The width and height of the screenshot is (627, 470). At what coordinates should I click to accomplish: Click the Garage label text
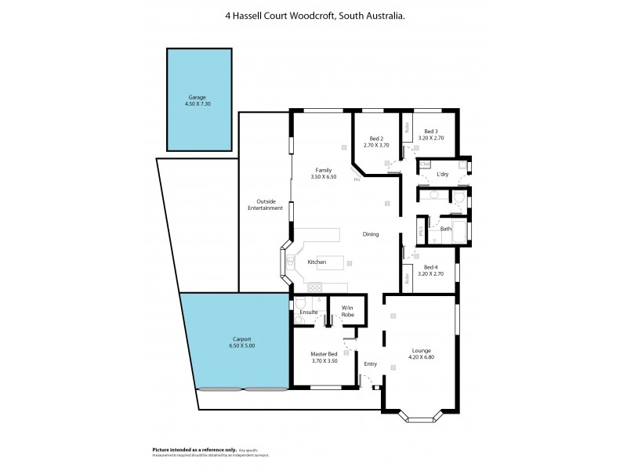(197, 97)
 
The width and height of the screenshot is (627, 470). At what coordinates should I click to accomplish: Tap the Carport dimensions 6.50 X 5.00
(241, 345)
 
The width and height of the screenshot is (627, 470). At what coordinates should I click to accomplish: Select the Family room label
(323, 170)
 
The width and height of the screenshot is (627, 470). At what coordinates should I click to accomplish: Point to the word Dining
(371, 234)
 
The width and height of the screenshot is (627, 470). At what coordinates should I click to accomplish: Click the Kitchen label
(317, 262)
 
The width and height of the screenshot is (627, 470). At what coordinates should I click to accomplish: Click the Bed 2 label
(375, 139)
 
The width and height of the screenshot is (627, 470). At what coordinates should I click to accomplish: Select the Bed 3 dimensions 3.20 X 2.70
(431, 138)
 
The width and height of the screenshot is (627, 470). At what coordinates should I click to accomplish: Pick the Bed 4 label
(431, 269)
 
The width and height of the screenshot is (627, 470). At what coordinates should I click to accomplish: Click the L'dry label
(443, 174)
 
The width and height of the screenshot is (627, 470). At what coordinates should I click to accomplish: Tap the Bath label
(445, 229)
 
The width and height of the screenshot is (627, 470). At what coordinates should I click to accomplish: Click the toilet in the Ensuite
(300, 303)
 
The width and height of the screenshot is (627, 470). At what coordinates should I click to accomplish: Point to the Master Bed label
(324, 354)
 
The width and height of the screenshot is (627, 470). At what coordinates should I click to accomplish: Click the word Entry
(371, 363)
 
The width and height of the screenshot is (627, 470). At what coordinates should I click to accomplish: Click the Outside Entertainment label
(265, 204)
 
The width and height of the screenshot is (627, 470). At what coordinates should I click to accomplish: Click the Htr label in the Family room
(356, 179)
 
